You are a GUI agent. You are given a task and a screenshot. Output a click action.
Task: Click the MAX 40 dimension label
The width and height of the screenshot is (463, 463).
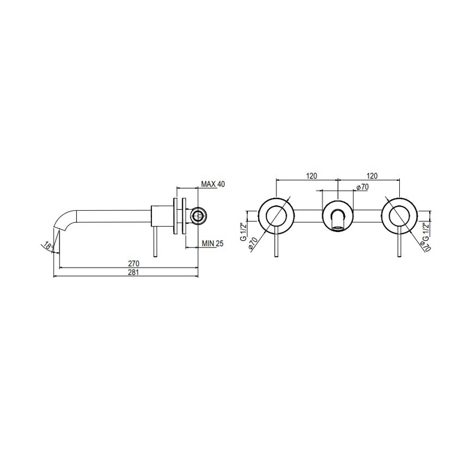point(213,184)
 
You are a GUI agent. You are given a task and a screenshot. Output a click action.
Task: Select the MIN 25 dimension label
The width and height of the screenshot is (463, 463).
point(213,243)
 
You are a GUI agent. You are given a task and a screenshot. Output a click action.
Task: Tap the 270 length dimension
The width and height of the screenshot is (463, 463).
point(134,263)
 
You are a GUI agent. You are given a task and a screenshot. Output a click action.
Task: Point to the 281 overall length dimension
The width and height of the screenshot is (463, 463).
point(133,272)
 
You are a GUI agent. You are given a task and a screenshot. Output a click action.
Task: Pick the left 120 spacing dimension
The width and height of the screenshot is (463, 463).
point(312,176)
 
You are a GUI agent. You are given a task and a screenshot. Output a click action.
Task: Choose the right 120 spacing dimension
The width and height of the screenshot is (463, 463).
point(372,176)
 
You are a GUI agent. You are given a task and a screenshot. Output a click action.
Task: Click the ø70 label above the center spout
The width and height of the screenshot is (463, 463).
point(363,187)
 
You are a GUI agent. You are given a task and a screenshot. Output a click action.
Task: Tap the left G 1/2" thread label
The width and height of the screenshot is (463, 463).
point(244,231)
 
